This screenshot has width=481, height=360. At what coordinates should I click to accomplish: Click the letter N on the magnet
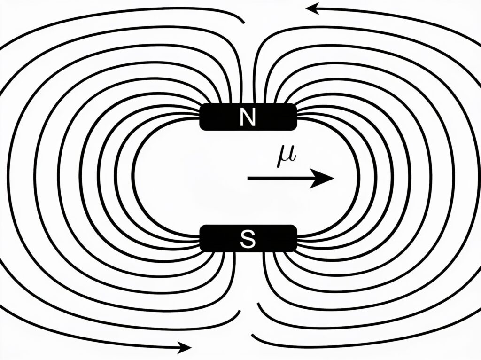[x=248, y=117]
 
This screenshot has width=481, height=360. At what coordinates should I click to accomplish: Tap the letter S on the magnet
[x=248, y=239]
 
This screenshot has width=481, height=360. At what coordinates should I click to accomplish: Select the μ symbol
[x=287, y=157]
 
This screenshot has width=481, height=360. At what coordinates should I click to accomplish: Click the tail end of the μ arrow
[x=248, y=178]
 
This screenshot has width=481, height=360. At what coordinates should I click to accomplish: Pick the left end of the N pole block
[x=200, y=117]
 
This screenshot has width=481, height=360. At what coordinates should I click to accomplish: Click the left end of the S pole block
[x=200, y=238]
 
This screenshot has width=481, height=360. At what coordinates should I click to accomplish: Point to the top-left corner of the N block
[x=201, y=105]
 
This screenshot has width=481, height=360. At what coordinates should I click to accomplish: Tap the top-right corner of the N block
[x=296, y=105]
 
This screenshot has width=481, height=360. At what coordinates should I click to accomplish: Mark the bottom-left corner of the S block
[x=201, y=251]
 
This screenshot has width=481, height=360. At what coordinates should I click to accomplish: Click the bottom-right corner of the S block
[x=296, y=251]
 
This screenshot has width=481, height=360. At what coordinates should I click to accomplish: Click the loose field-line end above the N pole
[x=244, y=23]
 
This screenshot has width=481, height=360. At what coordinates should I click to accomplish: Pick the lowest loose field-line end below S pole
[x=252, y=335]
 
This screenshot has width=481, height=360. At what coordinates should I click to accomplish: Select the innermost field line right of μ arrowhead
[x=357, y=178]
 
